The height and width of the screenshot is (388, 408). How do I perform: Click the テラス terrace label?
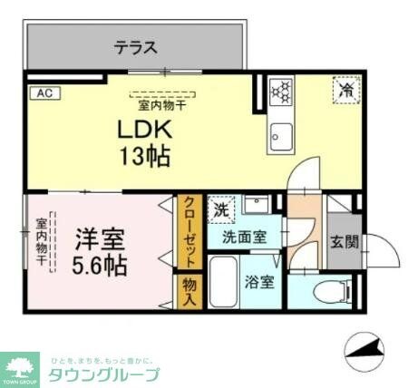[136, 47]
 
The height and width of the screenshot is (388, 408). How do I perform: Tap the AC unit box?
[43, 92]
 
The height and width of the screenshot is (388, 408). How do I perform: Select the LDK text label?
[141, 129]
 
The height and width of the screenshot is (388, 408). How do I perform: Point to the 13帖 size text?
[142, 157]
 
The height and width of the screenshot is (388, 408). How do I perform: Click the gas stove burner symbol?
[281, 92]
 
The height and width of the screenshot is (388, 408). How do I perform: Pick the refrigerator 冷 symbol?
[345, 90]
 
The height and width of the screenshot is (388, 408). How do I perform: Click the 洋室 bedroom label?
[99, 240]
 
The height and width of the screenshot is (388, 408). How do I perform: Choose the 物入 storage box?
[189, 291]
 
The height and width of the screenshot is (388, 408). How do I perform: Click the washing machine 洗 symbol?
[221, 209]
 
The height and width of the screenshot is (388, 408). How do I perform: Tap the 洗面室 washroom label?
[246, 238]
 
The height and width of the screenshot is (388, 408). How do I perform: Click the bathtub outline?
[224, 282]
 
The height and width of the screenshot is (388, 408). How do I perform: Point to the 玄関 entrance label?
[344, 242]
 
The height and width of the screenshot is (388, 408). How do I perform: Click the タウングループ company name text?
[104, 373]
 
